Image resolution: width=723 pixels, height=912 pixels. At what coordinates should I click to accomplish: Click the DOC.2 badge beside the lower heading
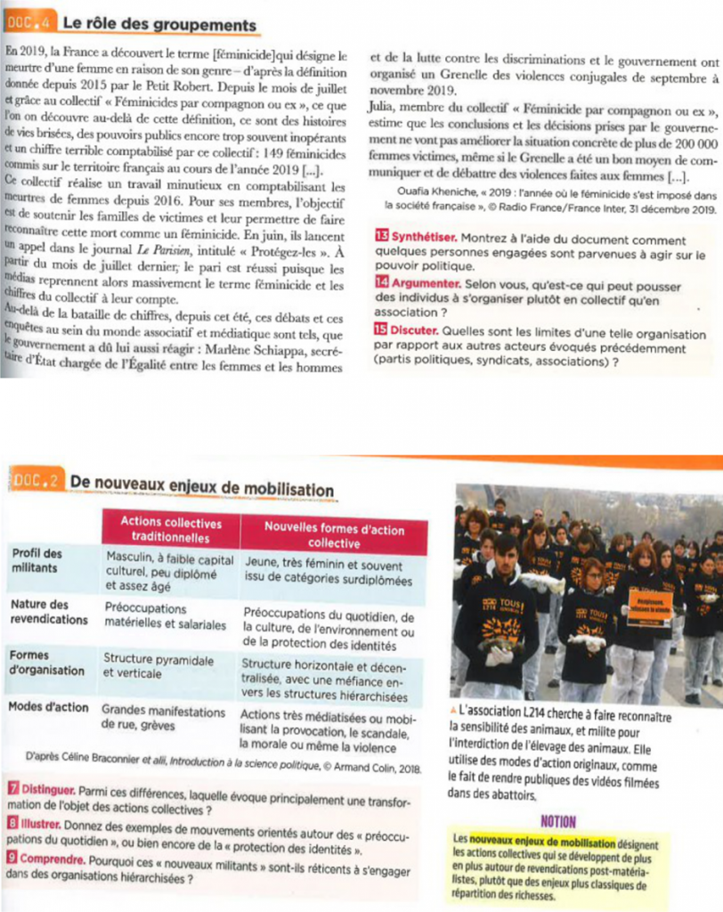(37, 481)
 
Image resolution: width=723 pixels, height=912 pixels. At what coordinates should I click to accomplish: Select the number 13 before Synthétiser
(382, 238)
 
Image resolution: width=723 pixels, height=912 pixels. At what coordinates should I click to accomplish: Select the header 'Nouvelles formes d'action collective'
(334, 534)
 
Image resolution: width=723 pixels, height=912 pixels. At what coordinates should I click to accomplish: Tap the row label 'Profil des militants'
(37, 559)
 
